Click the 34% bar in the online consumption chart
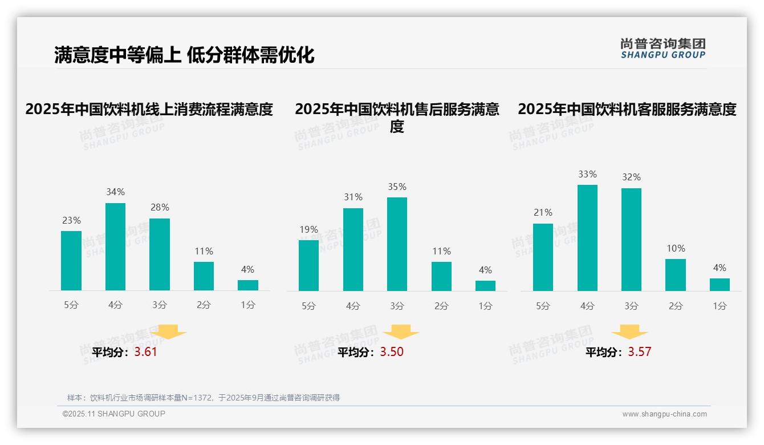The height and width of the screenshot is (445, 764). [x=115, y=246]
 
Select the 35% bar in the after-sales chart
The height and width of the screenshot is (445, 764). [x=397, y=244]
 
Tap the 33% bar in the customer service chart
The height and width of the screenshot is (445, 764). [x=587, y=238]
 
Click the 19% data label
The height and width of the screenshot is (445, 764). [x=308, y=230]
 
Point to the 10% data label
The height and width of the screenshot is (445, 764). [x=676, y=249]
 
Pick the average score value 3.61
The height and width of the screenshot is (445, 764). [x=145, y=352]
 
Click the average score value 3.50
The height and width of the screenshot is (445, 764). [x=392, y=352]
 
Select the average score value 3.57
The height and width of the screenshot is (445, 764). [x=639, y=352]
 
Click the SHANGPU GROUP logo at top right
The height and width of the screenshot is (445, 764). [x=663, y=48]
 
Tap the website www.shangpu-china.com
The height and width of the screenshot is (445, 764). [x=664, y=414]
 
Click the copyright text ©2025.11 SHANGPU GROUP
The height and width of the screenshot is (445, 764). [x=114, y=414]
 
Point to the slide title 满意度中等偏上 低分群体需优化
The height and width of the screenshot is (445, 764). [x=184, y=55]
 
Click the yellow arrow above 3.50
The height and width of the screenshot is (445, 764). [x=401, y=332]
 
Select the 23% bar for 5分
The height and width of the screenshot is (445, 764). [x=71, y=261]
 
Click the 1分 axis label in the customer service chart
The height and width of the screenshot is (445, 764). [x=720, y=306]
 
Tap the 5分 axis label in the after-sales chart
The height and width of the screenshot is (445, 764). [x=308, y=306]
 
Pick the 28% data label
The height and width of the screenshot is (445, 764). [x=159, y=208]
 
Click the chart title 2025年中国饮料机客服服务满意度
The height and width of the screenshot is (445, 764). [x=627, y=109]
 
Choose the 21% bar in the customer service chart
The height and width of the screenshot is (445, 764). [x=543, y=257]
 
